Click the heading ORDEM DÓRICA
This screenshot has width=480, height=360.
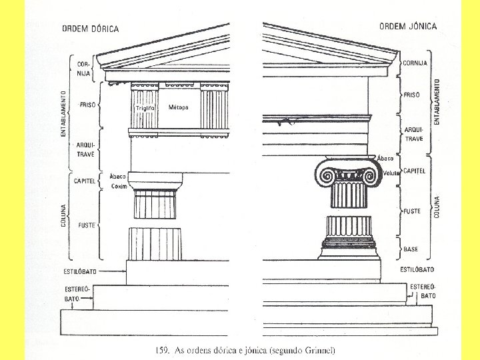coord(90,29)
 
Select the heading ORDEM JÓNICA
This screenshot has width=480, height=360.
coord(408,27)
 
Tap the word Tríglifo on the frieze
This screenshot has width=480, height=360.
coord(145,107)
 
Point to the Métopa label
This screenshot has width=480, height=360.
coord(178,107)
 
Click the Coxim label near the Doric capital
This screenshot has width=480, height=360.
coord(119,186)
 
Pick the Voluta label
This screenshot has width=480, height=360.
coord(391,173)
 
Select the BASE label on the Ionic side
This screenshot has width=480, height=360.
coord(411,249)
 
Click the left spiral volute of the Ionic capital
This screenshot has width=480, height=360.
coord(327,177)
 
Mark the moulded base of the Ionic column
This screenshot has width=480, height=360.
coord(347,249)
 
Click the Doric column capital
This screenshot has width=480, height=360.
coord(154,181)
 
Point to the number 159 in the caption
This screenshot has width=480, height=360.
coord(162,351)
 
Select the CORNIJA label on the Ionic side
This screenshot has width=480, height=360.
coord(415,63)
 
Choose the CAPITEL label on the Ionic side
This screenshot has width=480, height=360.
coord(415,171)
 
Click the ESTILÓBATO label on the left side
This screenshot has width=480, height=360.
coord(81,272)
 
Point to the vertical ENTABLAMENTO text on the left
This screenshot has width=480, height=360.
coord(64,113)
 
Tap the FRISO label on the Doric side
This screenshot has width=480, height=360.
coord(87,105)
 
